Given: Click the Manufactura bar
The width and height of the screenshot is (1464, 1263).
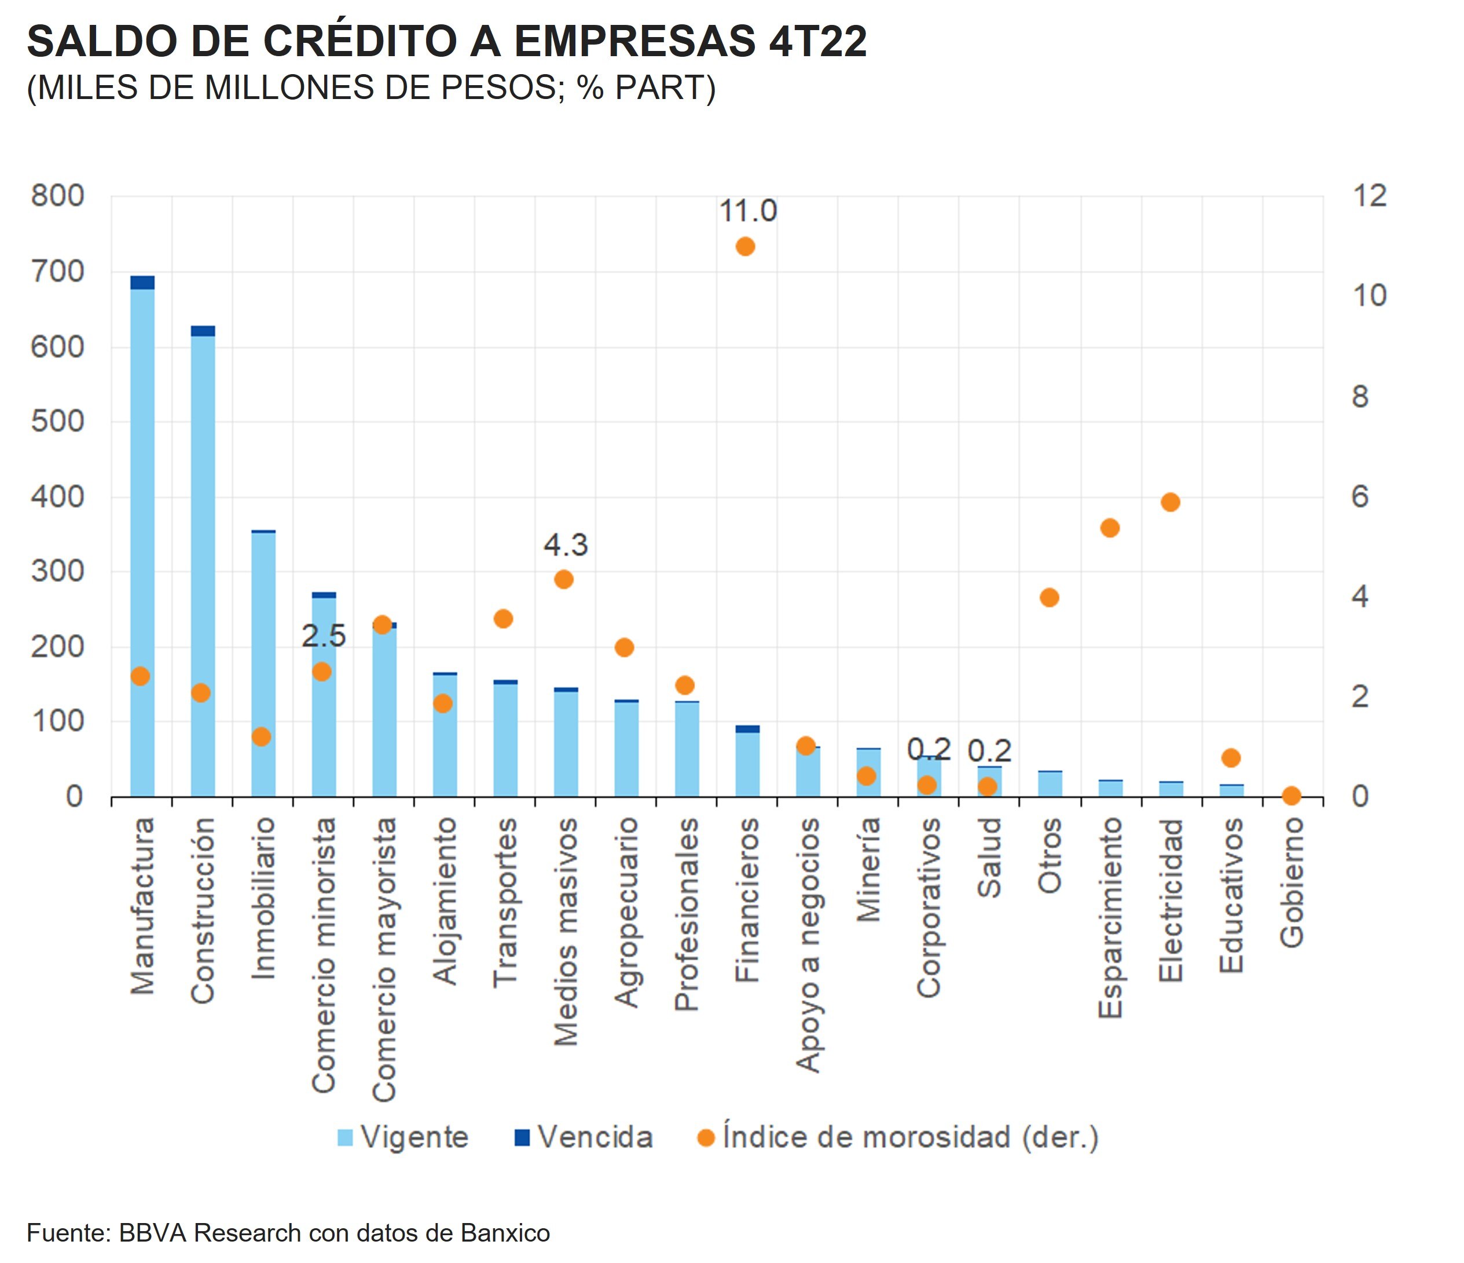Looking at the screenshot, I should [x=142, y=537].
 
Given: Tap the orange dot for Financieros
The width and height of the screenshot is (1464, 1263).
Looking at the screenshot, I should [x=746, y=247].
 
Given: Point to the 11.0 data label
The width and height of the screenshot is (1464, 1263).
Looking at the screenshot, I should [x=747, y=211].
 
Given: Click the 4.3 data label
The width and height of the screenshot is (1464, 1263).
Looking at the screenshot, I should [x=565, y=545].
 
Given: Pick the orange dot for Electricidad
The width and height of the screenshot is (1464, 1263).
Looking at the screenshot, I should [x=1170, y=503].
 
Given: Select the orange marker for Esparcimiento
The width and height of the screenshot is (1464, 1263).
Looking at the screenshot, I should [x=1110, y=528].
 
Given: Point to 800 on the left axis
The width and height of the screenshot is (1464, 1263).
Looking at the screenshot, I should [x=57, y=196].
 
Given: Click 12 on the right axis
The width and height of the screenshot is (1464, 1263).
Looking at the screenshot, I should [x=1369, y=196].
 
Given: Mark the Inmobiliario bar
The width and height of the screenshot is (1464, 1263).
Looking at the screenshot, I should [x=263, y=664].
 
